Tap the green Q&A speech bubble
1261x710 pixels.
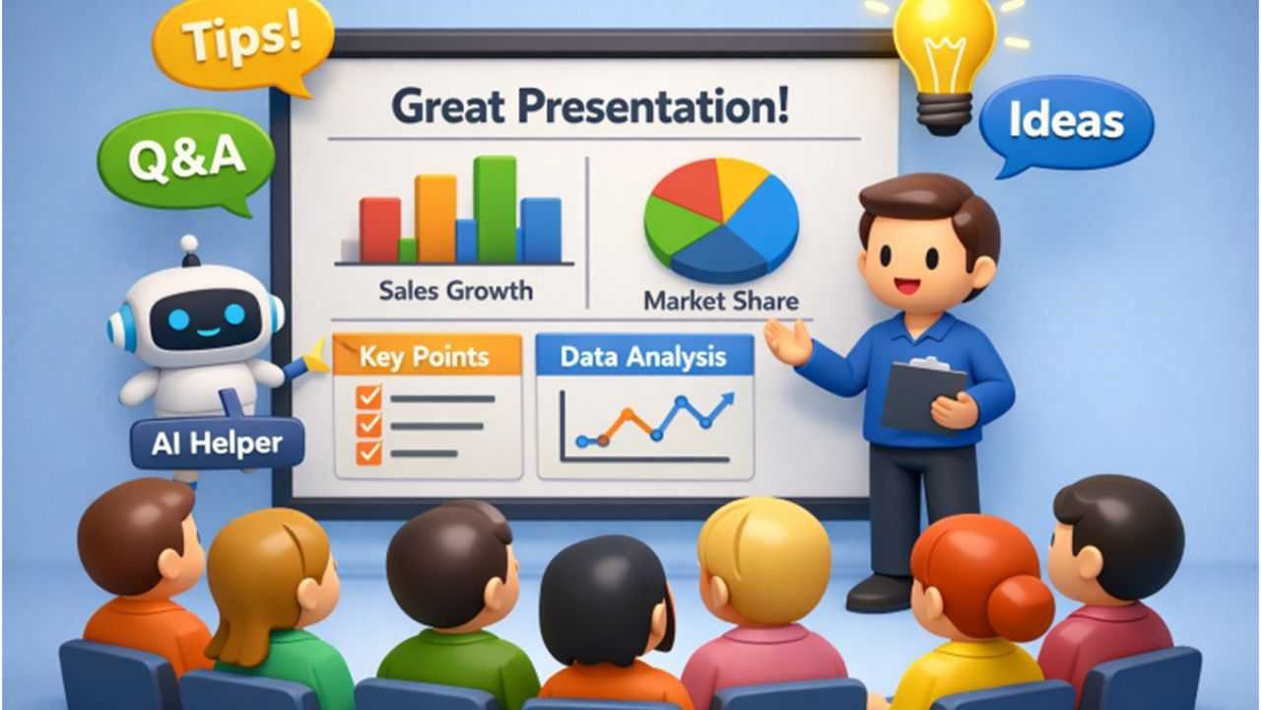(186, 159)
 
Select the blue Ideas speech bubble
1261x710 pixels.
(1066, 123)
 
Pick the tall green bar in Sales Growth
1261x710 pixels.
(495, 210)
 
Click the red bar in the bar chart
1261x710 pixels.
(380, 230)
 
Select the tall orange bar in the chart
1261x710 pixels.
(435, 219)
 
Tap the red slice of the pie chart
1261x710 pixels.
(688, 187)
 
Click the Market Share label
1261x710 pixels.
(721, 301)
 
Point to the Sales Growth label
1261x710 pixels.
(456, 291)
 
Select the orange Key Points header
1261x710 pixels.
(428, 355)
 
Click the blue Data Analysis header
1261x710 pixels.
(644, 356)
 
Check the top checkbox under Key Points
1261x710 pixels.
(369, 396)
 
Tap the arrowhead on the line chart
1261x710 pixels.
(726, 400)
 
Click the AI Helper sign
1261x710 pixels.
(218, 444)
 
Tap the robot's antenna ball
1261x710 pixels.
(189, 244)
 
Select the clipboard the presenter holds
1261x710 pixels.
(923, 394)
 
